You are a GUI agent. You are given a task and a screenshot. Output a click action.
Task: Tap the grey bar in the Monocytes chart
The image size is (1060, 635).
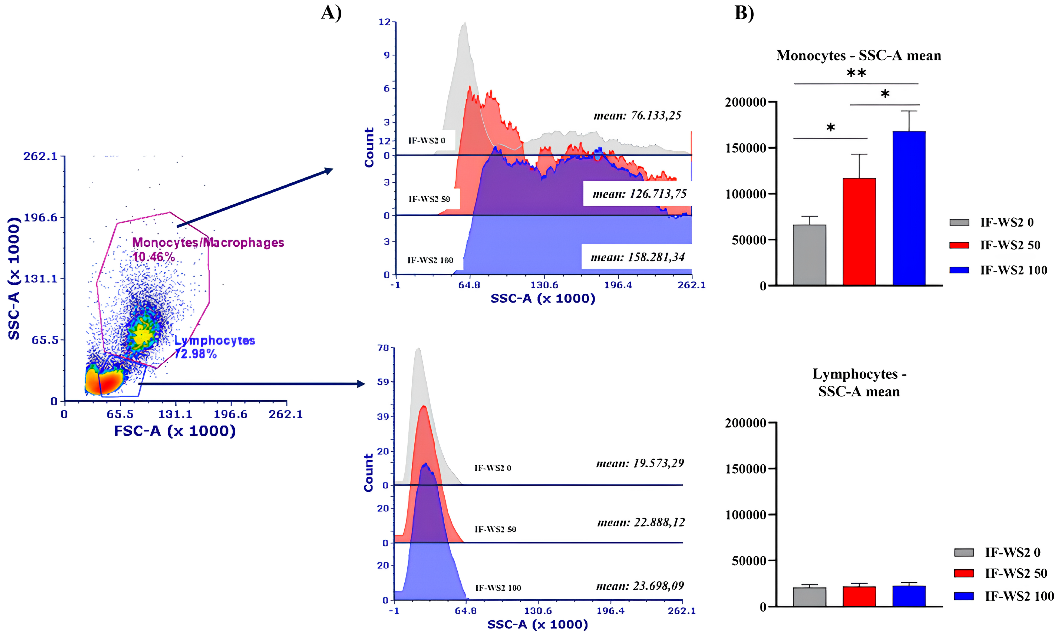(x=810, y=255)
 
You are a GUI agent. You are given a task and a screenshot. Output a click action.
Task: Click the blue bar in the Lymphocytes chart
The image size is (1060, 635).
(x=909, y=596)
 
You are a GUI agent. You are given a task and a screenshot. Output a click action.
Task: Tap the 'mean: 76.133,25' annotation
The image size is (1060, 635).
(x=637, y=115)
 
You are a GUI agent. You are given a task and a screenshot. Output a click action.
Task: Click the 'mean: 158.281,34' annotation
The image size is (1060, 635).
(x=638, y=257)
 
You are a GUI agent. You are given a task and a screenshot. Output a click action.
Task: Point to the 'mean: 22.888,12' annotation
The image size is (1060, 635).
(x=641, y=522)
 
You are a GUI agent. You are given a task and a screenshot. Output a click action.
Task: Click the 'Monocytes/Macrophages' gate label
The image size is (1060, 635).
(x=208, y=243)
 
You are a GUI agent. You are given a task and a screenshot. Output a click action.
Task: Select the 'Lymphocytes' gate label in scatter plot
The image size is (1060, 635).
(x=215, y=340)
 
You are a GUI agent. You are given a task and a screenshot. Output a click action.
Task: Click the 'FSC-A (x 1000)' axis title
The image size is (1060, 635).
(x=175, y=431)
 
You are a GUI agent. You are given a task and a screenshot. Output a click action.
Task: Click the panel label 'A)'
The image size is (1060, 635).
(x=331, y=13)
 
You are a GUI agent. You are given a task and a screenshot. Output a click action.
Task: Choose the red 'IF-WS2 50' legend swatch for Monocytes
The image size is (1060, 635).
(x=959, y=245)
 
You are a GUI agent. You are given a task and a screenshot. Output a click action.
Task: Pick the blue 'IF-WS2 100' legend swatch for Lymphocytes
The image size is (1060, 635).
(x=964, y=596)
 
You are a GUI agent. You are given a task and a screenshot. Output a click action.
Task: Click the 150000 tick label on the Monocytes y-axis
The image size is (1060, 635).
(x=745, y=148)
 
